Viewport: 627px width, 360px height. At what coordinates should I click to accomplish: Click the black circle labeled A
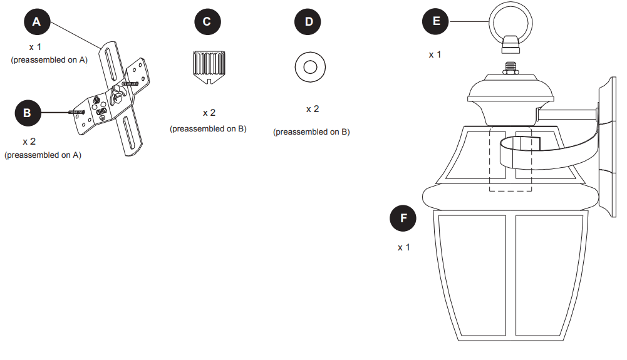(x=36, y=22)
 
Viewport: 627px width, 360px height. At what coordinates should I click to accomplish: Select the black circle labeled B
(x=27, y=113)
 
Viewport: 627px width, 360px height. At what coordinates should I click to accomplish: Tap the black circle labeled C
(x=207, y=22)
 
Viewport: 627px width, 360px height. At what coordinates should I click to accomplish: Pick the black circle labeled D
(x=308, y=22)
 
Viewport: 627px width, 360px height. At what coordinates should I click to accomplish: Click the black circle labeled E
(x=437, y=22)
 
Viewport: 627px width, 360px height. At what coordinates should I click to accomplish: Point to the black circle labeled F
(x=403, y=219)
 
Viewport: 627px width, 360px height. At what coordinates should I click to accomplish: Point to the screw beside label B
(x=75, y=112)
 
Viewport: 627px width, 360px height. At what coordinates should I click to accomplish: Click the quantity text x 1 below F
(x=404, y=247)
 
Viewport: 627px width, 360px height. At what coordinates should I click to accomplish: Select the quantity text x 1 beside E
(x=435, y=54)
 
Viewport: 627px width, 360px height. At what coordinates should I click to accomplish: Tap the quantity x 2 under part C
(x=209, y=113)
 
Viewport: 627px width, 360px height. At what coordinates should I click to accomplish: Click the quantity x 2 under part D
(x=312, y=109)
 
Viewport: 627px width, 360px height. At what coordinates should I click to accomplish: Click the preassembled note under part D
(x=311, y=132)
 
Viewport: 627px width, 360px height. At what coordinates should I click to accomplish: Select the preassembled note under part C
(x=208, y=129)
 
